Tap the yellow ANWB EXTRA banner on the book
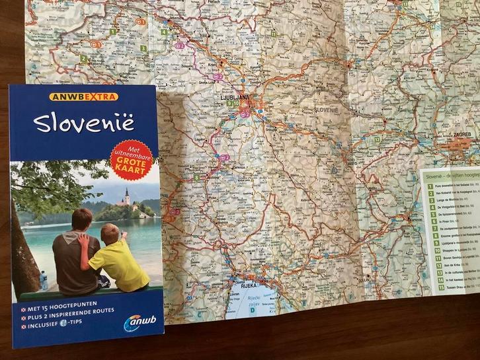coord(83,97)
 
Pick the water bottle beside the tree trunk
coord(44,280)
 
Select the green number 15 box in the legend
coord(441,287)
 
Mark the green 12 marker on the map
coord(376,139)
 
